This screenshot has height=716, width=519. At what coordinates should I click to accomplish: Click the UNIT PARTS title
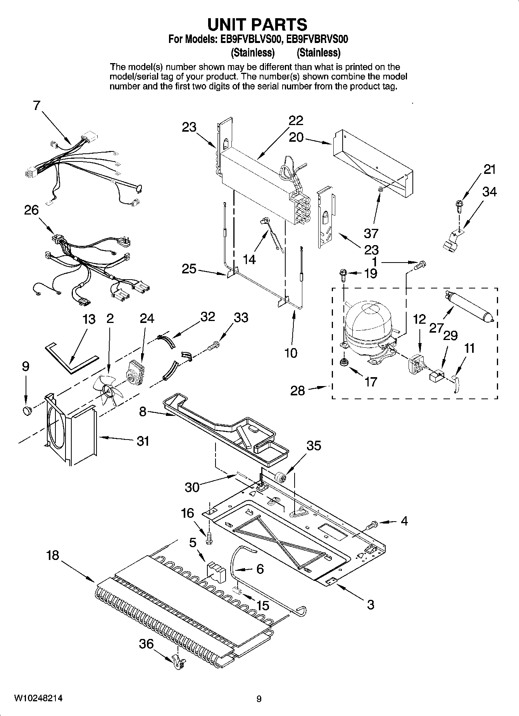tap(258, 24)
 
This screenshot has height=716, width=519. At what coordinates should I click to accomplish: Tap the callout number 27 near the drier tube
tap(436, 328)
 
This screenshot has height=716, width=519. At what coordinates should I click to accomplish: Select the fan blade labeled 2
tap(109, 391)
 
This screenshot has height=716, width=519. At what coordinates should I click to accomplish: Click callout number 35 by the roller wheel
tap(314, 446)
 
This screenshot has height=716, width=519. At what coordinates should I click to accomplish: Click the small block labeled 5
tap(216, 571)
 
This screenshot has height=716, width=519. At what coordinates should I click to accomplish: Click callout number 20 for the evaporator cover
tap(296, 137)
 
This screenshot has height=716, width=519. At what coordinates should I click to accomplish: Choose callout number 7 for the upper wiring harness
tap(36, 105)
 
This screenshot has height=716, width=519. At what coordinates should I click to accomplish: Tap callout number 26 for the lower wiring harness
tap(31, 210)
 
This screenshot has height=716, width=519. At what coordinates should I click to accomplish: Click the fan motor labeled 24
tap(134, 372)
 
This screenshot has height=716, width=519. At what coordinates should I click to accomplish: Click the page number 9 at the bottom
tap(259, 699)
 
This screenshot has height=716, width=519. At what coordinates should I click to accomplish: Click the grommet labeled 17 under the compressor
tap(343, 362)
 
